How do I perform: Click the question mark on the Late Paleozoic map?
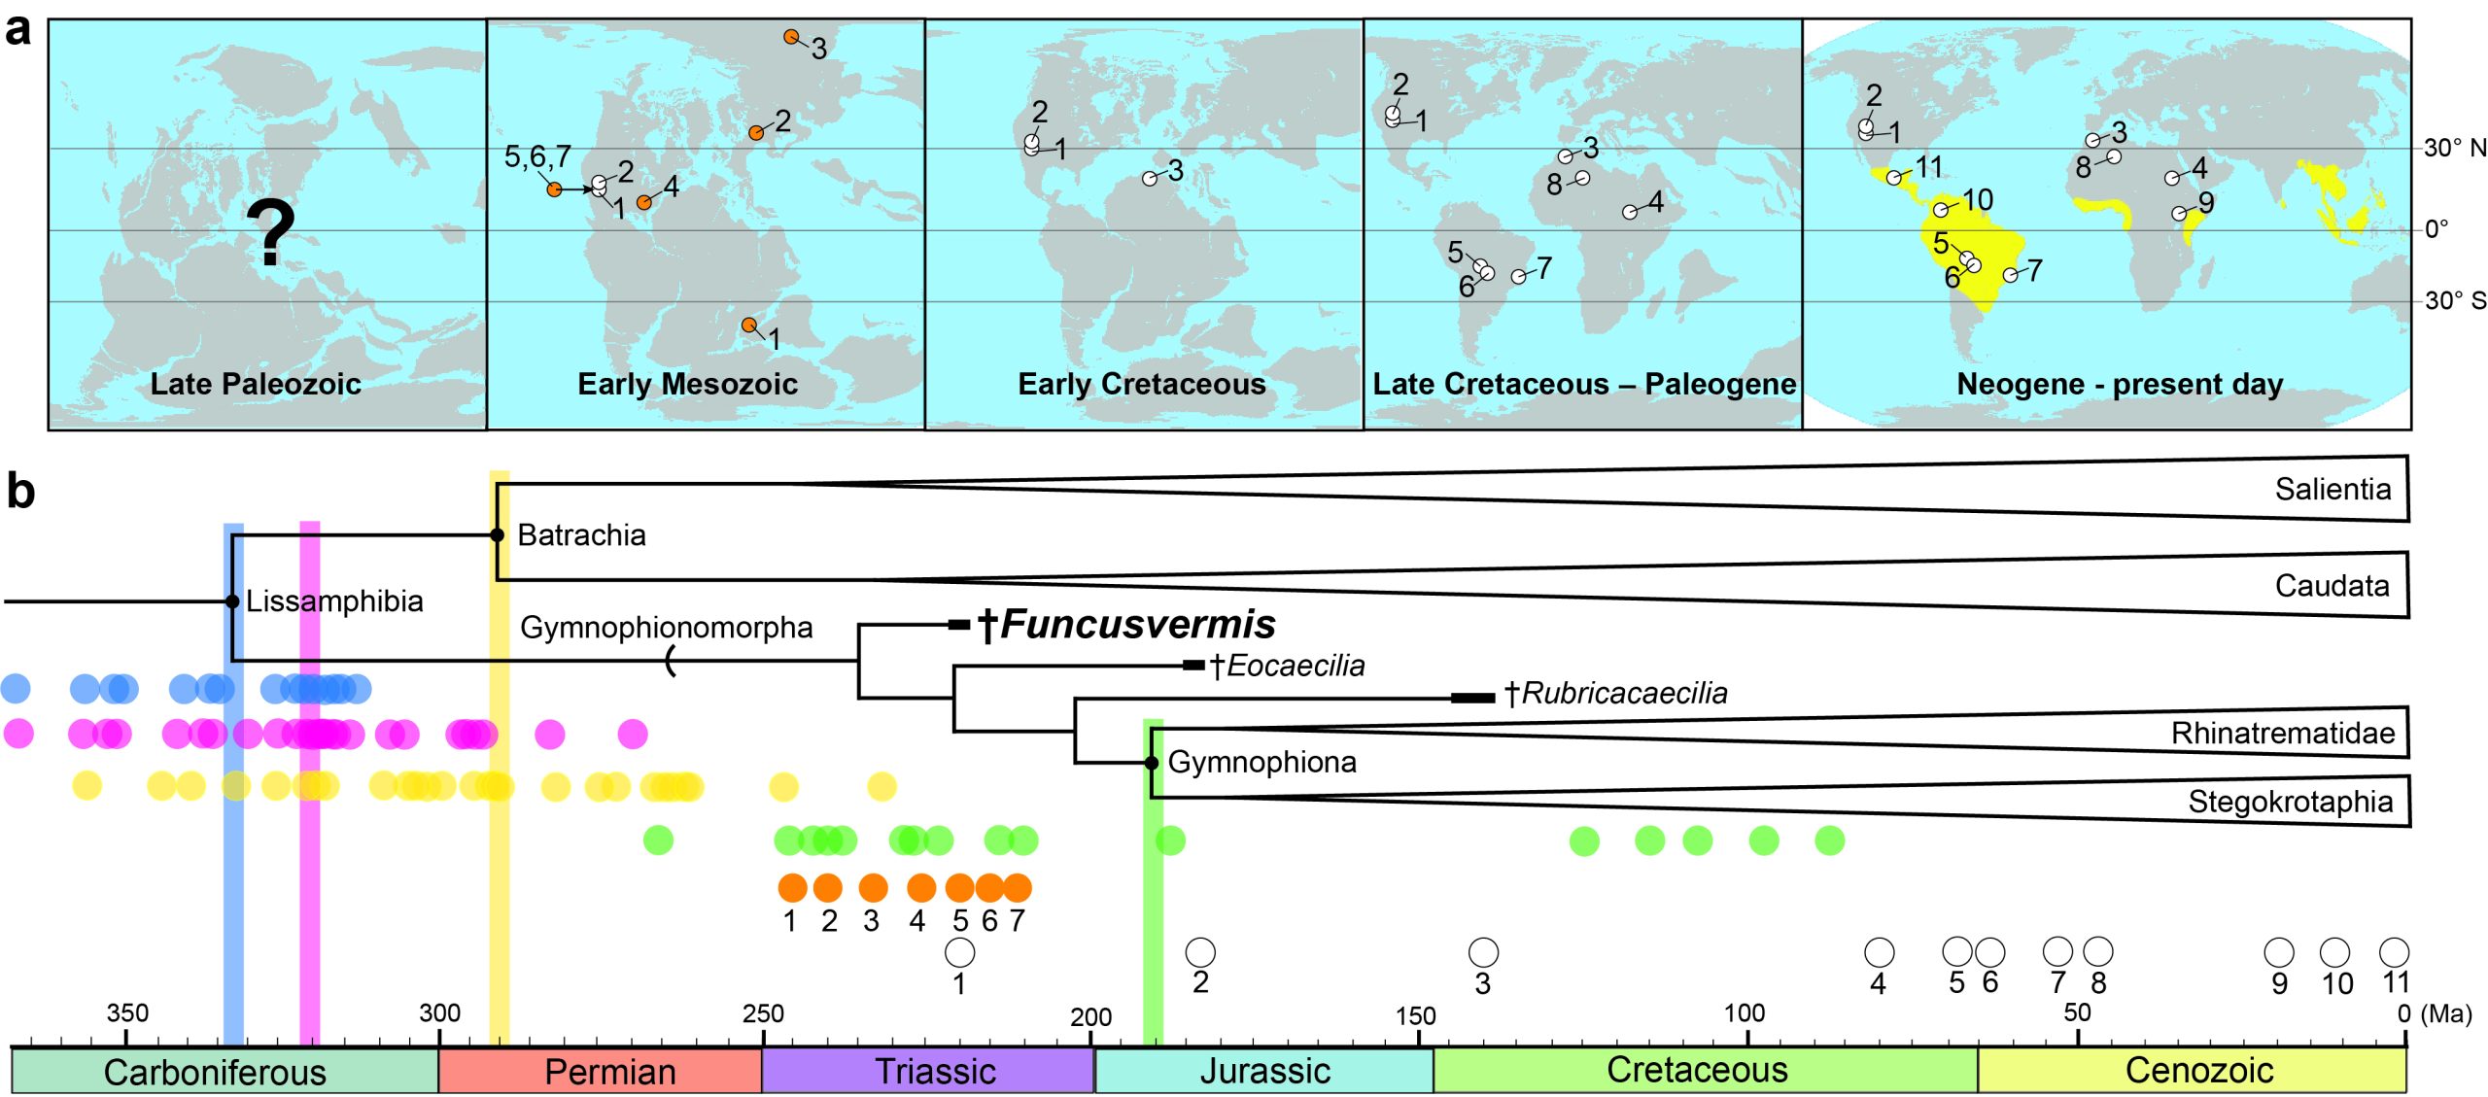click(x=270, y=232)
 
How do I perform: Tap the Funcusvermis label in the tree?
click(x=1126, y=625)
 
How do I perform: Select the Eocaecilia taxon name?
click(x=1287, y=666)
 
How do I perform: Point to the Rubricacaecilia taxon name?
click(x=1616, y=693)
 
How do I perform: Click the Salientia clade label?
click(x=2332, y=489)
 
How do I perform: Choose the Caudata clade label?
click(x=2332, y=585)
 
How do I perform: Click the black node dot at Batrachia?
click(x=497, y=535)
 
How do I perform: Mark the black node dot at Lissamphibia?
click(x=232, y=601)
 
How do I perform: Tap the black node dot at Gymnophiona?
click(x=1152, y=763)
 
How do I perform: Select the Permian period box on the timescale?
click(x=600, y=1071)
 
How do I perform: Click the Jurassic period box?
click(x=1263, y=1071)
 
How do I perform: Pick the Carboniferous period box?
click(x=225, y=1071)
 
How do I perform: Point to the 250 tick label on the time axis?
click(x=763, y=1013)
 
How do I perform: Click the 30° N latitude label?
click(x=2455, y=148)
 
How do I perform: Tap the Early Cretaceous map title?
click(x=1142, y=384)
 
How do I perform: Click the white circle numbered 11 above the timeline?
click(x=2394, y=951)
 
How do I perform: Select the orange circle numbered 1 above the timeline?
click(x=793, y=887)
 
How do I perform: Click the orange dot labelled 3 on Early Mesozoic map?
click(x=792, y=37)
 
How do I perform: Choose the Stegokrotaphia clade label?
click(x=2290, y=802)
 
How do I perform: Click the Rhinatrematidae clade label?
click(x=2283, y=733)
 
